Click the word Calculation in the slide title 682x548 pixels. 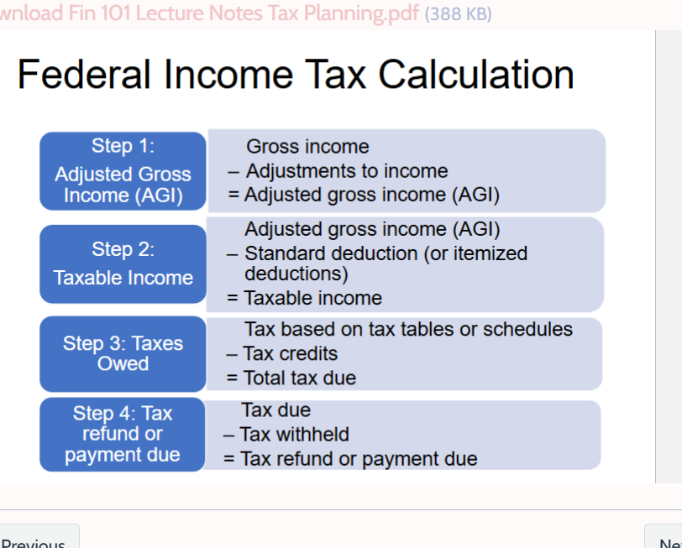[476, 75]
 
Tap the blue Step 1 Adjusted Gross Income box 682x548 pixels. [123, 171]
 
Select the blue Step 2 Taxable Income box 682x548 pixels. [123, 264]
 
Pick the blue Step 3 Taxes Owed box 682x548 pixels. [123, 354]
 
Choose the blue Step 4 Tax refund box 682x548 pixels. [123, 434]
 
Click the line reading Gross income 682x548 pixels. [307, 147]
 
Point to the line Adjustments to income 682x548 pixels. [338, 171]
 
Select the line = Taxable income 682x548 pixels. [304, 298]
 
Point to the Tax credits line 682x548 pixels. [282, 354]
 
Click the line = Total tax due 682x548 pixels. [291, 378]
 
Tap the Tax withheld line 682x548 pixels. [286, 435]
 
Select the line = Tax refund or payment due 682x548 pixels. [350, 459]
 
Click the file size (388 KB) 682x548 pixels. [459, 14]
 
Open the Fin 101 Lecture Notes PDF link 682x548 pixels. [210, 13]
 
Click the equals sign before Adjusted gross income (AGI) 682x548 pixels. [233, 195]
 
